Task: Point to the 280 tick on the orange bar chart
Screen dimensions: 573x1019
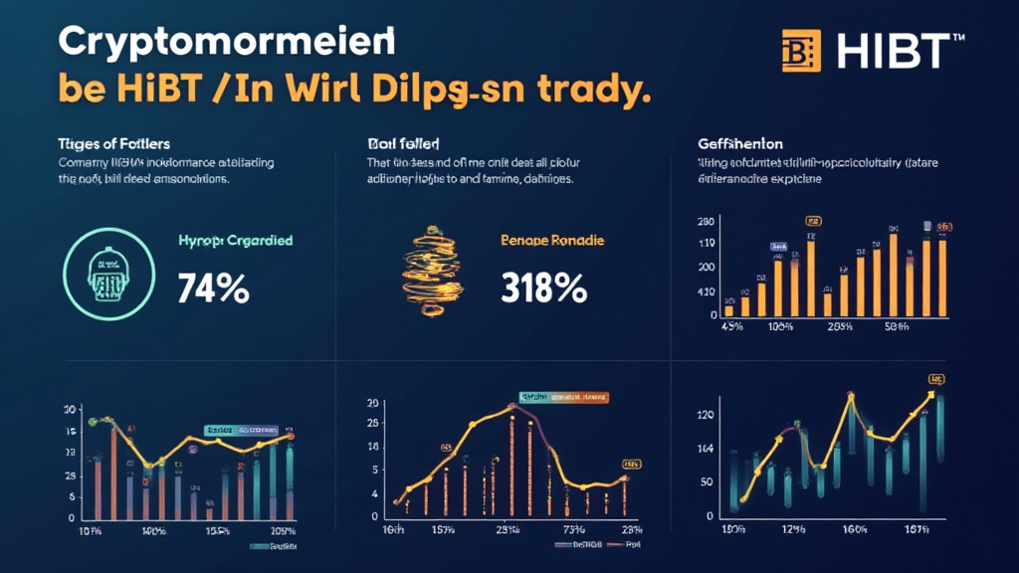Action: tap(708, 221)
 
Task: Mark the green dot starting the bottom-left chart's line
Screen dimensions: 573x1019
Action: tap(93, 421)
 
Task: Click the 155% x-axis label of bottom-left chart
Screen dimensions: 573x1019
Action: tap(218, 532)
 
